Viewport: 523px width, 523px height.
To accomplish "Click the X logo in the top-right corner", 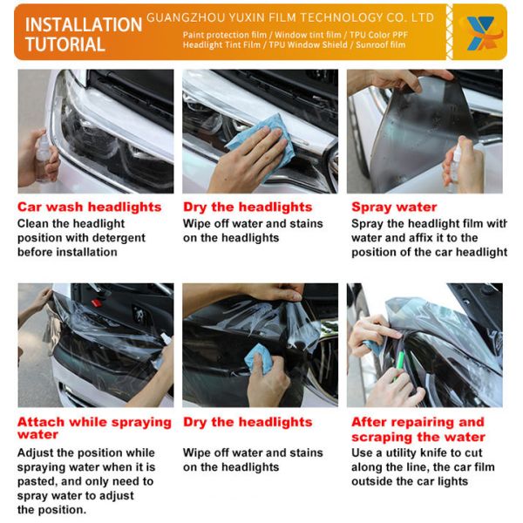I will click(x=478, y=31).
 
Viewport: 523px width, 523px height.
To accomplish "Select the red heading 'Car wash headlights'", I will click(x=90, y=207).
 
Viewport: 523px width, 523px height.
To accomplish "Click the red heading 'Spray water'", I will click(x=394, y=207).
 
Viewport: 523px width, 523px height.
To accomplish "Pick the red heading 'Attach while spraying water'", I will click(x=94, y=427).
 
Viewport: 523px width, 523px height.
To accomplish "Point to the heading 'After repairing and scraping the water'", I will click(x=418, y=429).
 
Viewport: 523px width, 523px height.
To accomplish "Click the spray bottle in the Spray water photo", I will click(x=453, y=161).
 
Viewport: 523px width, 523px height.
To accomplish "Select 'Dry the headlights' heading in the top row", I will click(x=248, y=207).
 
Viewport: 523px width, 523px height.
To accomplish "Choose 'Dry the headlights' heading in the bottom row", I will click(x=248, y=422).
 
